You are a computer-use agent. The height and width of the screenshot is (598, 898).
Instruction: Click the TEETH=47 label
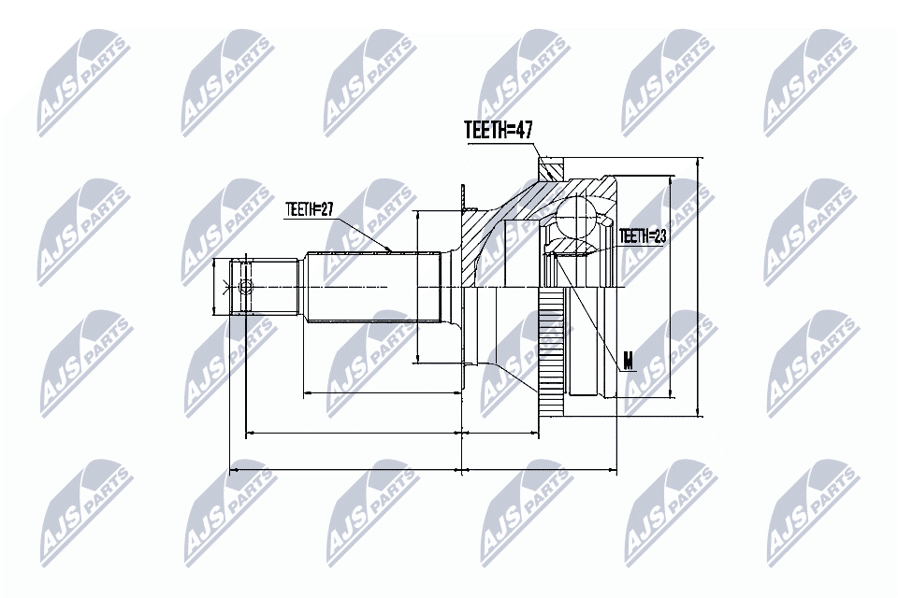499,131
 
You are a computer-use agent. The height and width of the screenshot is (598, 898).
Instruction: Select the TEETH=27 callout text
310,209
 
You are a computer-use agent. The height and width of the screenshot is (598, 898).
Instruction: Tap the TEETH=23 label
642,237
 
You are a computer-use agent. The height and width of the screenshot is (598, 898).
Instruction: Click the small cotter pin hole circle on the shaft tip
246,286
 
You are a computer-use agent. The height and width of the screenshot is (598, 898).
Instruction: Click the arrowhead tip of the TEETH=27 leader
388,249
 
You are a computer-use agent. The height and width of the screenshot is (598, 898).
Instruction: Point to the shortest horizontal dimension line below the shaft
384,393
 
